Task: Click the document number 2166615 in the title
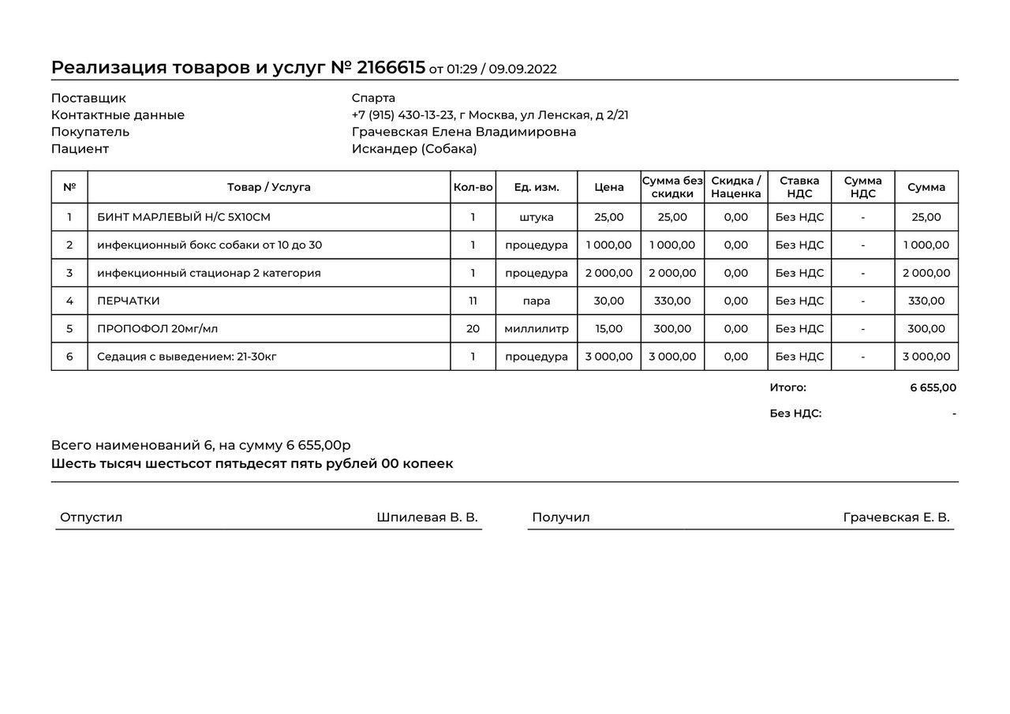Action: tap(391, 67)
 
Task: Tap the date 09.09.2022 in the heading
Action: tap(522, 69)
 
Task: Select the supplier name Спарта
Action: tap(373, 98)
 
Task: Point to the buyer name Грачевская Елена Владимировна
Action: tap(463, 132)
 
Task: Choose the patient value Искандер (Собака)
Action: tap(414, 148)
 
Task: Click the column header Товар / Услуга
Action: tap(268, 187)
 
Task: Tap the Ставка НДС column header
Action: tap(799, 187)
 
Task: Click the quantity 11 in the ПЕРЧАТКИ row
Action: tap(473, 301)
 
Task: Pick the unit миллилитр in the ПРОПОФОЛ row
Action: tap(537, 328)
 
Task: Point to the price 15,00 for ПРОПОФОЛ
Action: tap(609, 328)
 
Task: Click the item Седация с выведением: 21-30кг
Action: tap(187, 357)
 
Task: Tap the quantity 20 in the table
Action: tap(473, 328)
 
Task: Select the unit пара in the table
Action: tap(537, 301)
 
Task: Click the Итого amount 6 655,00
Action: tap(933, 387)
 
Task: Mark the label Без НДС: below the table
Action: tap(795, 413)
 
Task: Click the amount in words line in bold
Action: tap(252, 463)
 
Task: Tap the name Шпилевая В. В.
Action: tap(427, 518)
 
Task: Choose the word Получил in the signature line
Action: tap(560, 518)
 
